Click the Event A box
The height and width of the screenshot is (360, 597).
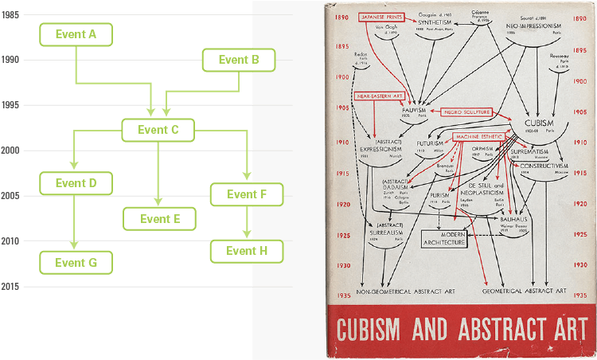click(76, 34)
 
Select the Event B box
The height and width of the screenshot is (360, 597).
click(238, 60)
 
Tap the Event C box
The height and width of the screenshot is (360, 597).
click(158, 130)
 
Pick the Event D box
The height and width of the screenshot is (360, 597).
click(76, 183)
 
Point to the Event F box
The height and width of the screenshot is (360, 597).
click(246, 194)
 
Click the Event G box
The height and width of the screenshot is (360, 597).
click(76, 261)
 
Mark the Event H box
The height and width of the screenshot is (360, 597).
click(246, 251)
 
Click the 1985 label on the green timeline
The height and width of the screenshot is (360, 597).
click(11, 14)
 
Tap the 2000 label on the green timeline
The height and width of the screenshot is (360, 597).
click(11, 151)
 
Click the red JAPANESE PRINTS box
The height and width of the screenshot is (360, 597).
click(383, 16)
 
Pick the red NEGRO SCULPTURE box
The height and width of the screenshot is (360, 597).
click(465, 112)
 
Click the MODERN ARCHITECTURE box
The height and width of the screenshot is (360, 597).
click(444, 238)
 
